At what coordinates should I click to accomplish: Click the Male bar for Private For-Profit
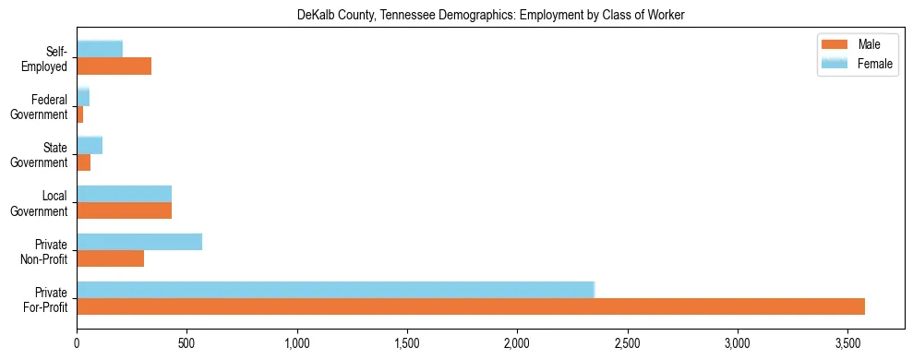coord(471,306)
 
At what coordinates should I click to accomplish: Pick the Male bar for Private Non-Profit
coord(111,258)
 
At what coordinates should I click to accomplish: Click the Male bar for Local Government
coord(125,210)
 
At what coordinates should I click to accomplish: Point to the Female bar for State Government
coord(90,145)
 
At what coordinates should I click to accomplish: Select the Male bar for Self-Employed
coord(114,66)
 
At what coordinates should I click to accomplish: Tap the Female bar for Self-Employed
coord(100,49)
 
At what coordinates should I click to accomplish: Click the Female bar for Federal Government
coord(83,97)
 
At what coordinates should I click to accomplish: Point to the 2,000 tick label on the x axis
coord(518,343)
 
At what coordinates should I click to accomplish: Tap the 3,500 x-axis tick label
coord(848,343)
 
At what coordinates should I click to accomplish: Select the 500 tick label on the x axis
coord(187,343)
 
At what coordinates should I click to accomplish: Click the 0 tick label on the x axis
coord(78,343)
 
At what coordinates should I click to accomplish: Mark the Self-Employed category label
coord(46,58)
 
